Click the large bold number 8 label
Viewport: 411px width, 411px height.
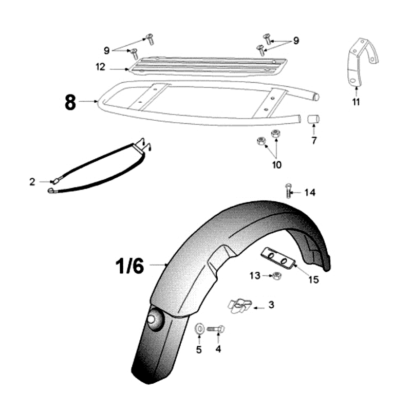pyautogui.click(x=70, y=102)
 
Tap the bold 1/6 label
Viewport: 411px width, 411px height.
pyautogui.click(x=130, y=266)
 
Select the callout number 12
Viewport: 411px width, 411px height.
pyautogui.click(x=100, y=67)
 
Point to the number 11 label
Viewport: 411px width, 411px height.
pyautogui.click(x=356, y=102)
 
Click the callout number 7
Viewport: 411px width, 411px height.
pyautogui.click(x=314, y=140)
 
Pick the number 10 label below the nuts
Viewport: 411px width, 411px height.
pyautogui.click(x=277, y=165)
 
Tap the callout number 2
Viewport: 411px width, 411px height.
pyautogui.click(x=32, y=182)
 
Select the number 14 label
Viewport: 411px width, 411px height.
pyautogui.click(x=310, y=193)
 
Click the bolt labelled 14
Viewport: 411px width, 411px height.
pyautogui.click(x=288, y=191)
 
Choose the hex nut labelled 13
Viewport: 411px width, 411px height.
pyautogui.click(x=276, y=276)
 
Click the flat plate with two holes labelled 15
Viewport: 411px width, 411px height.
pyautogui.click(x=278, y=258)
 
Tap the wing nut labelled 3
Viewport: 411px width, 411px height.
pyautogui.click(x=239, y=305)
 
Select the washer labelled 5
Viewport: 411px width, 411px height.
pyautogui.click(x=199, y=328)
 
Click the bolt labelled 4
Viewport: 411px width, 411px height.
pyautogui.click(x=216, y=329)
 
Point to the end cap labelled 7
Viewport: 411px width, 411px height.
pyautogui.click(x=313, y=119)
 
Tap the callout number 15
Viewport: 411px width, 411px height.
pyautogui.click(x=313, y=279)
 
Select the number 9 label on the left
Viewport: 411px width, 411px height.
pyautogui.click(x=106, y=50)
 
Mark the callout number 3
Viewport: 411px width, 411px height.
pyautogui.click(x=272, y=305)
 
